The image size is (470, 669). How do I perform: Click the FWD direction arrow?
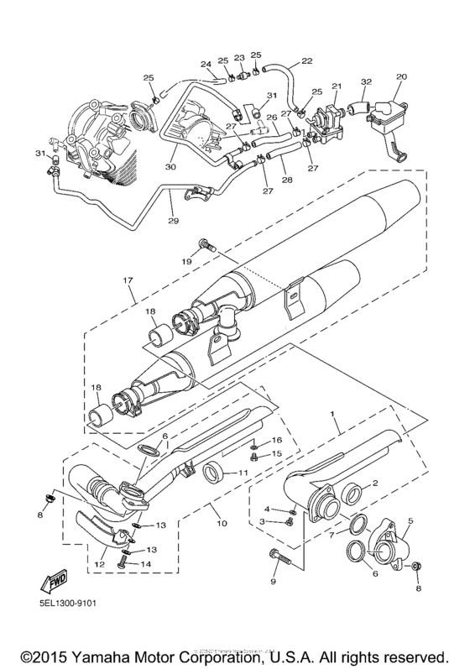(x=53, y=580)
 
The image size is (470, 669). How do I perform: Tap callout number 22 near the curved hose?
(x=305, y=60)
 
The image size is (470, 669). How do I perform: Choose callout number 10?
(x=222, y=522)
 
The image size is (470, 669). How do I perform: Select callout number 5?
(x=410, y=520)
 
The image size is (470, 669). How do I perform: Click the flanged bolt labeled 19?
(x=207, y=245)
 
